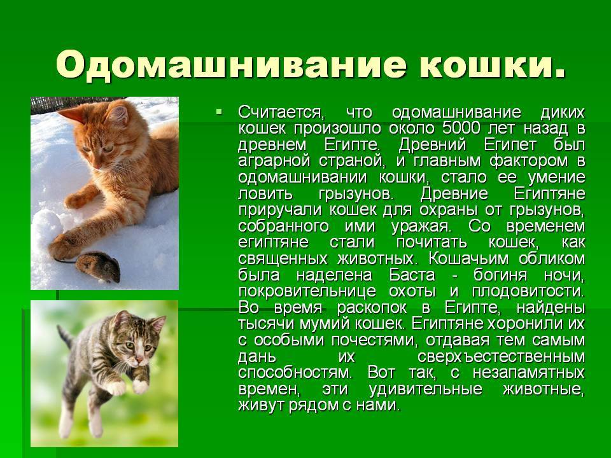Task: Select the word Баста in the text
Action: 412,275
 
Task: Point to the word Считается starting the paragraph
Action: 281,113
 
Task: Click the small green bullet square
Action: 218,112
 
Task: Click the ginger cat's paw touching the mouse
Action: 62,246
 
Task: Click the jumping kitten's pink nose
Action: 139,359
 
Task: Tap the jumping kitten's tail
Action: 65,337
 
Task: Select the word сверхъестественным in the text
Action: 501,357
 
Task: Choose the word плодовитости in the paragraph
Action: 528,291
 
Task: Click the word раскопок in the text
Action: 372,308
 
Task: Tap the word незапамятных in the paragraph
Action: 529,373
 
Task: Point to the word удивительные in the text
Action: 425,389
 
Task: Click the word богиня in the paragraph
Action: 500,275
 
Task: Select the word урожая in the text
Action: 421,226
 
